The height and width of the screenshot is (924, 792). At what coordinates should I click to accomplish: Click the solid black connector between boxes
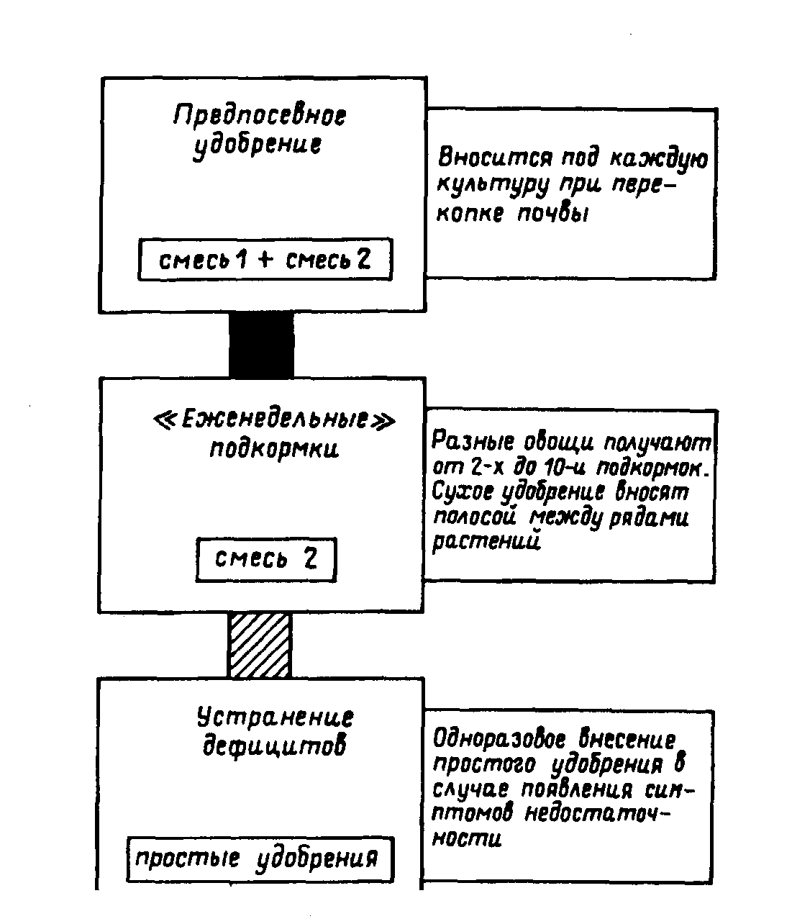[261, 345]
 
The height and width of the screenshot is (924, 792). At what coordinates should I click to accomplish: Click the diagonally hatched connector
[260, 645]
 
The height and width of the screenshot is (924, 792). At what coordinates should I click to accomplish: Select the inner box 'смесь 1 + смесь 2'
[265, 260]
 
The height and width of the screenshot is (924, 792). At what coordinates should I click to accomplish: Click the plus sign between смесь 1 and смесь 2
[265, 261]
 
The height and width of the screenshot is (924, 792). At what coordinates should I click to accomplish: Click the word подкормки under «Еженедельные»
[274, 449]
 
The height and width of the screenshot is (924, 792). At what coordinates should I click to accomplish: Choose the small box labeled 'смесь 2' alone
[266, 560]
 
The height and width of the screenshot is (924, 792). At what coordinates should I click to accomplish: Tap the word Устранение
[276, 717]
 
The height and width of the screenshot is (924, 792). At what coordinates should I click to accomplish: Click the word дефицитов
[274, 746]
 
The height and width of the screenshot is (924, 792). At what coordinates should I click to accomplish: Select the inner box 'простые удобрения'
[260, 859]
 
